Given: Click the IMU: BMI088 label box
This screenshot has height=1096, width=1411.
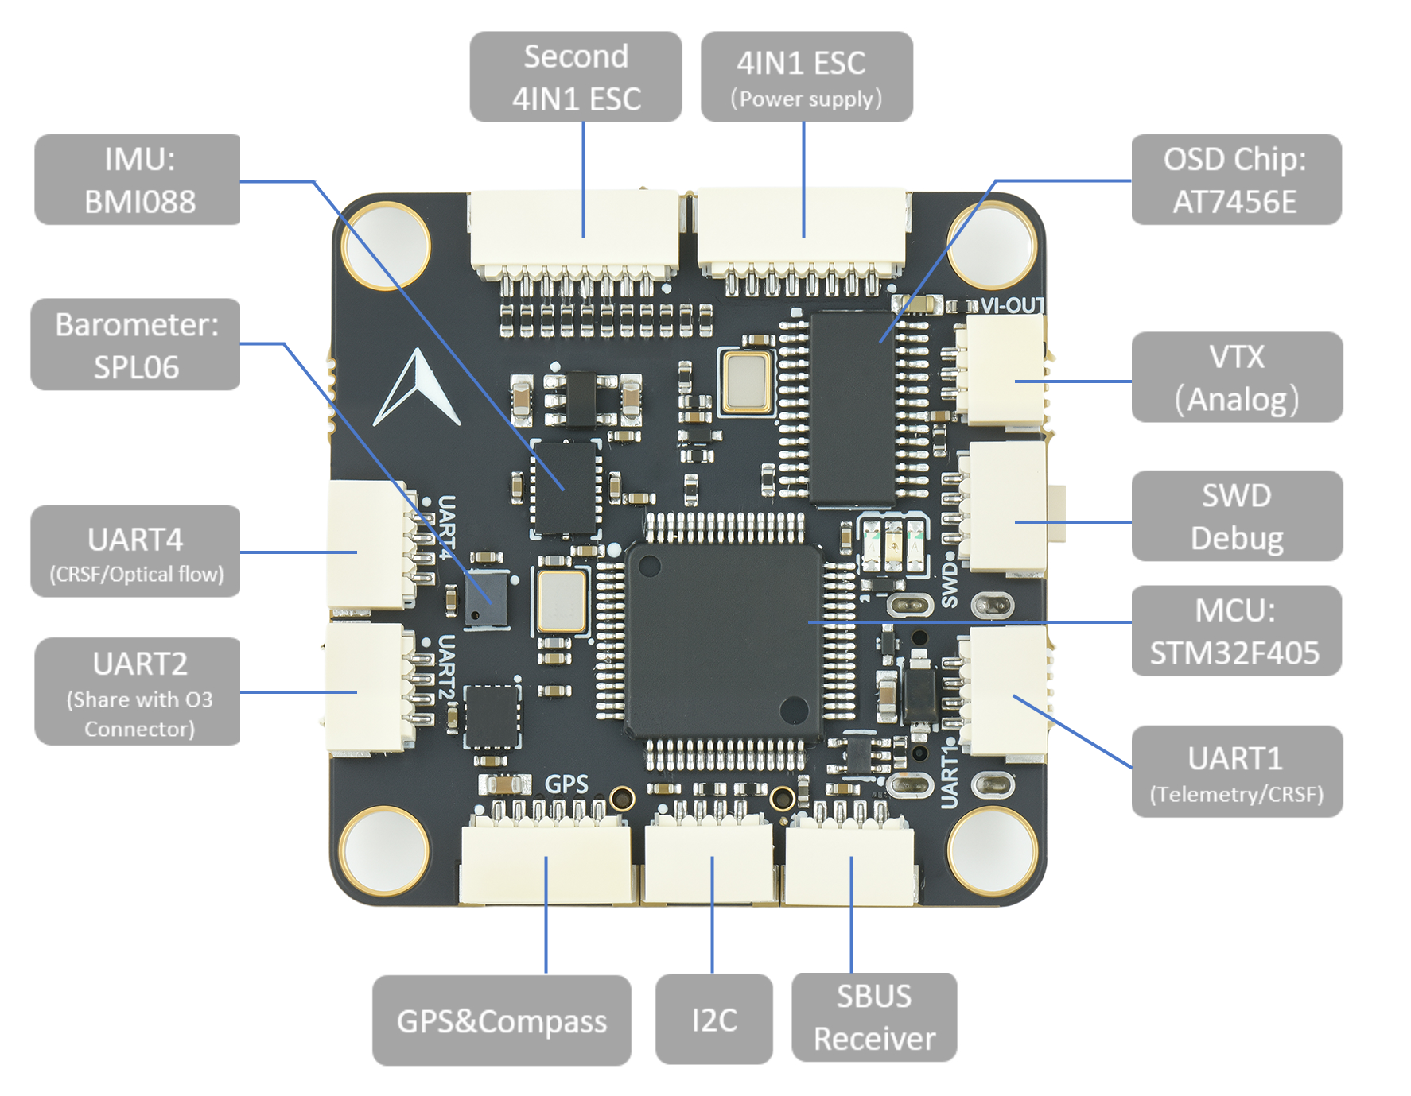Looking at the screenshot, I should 138,180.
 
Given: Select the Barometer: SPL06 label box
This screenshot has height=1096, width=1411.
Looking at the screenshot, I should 135,345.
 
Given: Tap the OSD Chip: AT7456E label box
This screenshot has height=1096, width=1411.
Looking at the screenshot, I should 1235,180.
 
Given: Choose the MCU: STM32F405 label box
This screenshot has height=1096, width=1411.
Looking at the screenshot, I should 1235,631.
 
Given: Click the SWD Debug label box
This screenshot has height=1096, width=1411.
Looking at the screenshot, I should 1236,516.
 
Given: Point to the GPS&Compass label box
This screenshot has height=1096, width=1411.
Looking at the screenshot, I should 501,1020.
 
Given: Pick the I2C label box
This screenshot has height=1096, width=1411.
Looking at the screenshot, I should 713,1020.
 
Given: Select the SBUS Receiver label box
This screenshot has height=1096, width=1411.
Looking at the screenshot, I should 874,1017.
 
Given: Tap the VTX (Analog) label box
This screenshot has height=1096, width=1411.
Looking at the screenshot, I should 1236,377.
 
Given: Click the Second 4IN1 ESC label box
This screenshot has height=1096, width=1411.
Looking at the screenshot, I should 576,77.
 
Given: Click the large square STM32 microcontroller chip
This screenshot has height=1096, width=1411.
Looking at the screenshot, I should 724,641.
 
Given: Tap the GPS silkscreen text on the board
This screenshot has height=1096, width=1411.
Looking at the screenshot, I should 566,784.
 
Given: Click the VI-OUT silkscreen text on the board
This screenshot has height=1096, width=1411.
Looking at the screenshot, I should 1011,305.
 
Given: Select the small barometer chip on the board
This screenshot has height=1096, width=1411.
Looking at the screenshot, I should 486,598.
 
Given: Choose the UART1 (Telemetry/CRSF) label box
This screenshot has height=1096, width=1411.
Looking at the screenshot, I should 1236,771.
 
